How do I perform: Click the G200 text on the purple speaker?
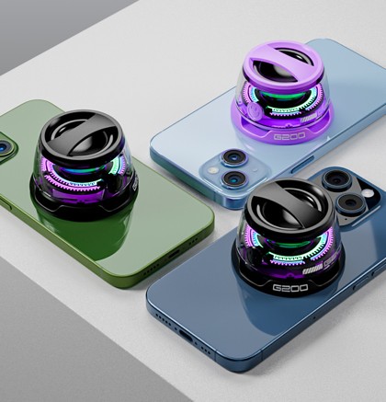coord(289,134)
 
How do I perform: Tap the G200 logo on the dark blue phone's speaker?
coord(290,288)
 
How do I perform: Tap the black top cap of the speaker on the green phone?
coord(81,136)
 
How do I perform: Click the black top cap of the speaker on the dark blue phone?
coord(287,205)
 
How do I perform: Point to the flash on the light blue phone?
coord(213,170)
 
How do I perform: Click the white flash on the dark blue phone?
coord(368,193)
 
